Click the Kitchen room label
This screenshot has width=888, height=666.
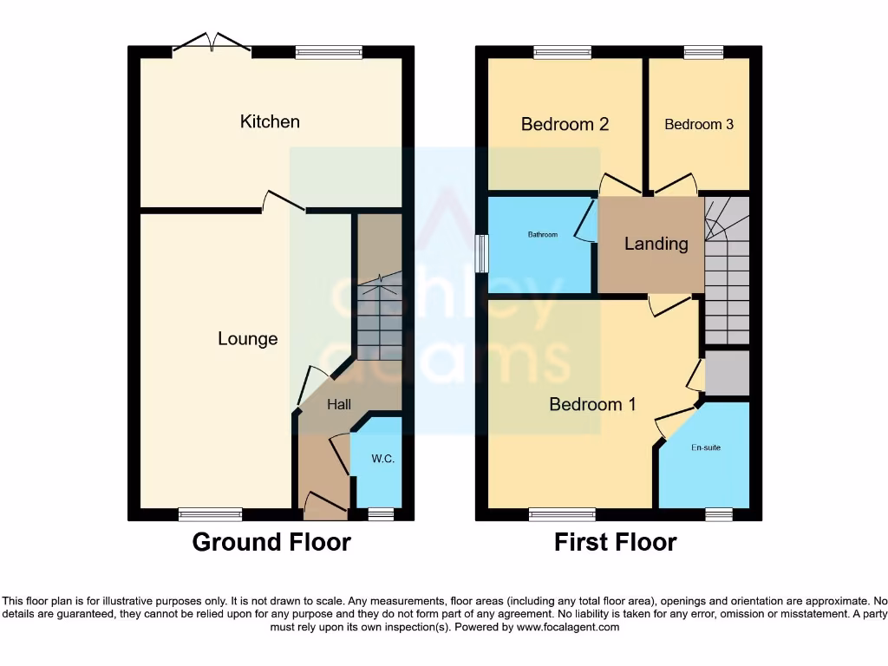[270, 121]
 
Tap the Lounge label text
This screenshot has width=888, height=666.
[247, 339]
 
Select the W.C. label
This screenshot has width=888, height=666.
[382, 459]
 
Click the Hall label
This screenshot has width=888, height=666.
[339, 404]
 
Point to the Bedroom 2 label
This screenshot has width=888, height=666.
[565, 124]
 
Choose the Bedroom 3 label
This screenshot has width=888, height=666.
[699, 124]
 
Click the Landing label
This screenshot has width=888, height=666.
[656, 244]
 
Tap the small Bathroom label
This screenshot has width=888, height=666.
[543, 234]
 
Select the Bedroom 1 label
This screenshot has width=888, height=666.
[592, 404]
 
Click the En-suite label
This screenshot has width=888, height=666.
[706, 447]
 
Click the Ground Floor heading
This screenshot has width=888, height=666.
[271, 543]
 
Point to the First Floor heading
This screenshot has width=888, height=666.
[615, 543]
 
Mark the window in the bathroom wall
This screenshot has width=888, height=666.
[481, 253]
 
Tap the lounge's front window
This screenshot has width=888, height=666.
[210, 514]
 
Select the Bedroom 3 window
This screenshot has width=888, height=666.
[702, 52]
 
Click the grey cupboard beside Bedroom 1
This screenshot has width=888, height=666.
[726, 373]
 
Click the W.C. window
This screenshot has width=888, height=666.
[380, 514]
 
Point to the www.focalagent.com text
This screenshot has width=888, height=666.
[568, 627]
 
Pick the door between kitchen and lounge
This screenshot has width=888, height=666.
[284, 205]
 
